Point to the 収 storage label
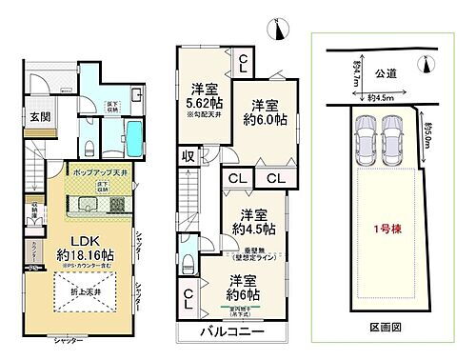(x=190, y=154)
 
